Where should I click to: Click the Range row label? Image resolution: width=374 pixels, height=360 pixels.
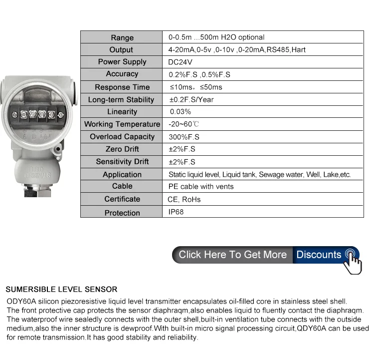(122, 37)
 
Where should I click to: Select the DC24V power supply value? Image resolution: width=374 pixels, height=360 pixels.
(181, 62)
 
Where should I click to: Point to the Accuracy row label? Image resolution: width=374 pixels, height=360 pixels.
(122, 74)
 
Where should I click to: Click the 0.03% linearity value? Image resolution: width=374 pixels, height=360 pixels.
(181, 111)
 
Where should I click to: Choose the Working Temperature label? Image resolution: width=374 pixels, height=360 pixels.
(122, 124)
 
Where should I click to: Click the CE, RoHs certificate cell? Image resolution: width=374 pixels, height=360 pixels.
(184, 199)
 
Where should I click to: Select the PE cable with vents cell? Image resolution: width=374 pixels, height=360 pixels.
(201, 186)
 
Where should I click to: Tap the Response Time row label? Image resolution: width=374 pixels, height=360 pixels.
(122, 87)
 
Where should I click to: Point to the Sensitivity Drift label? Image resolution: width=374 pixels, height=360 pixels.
(122, 162)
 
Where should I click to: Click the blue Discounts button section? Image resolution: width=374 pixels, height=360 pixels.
(319, 255)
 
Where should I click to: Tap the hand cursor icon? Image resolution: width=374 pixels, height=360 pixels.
(353, 260)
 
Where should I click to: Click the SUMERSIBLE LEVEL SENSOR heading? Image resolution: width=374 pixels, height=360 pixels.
(61, 289)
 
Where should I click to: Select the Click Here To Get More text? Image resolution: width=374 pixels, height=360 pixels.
(232, 255)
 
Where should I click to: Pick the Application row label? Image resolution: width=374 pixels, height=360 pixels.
(122, 174)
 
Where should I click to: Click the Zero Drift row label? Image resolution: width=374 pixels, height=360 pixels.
(122, 149)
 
